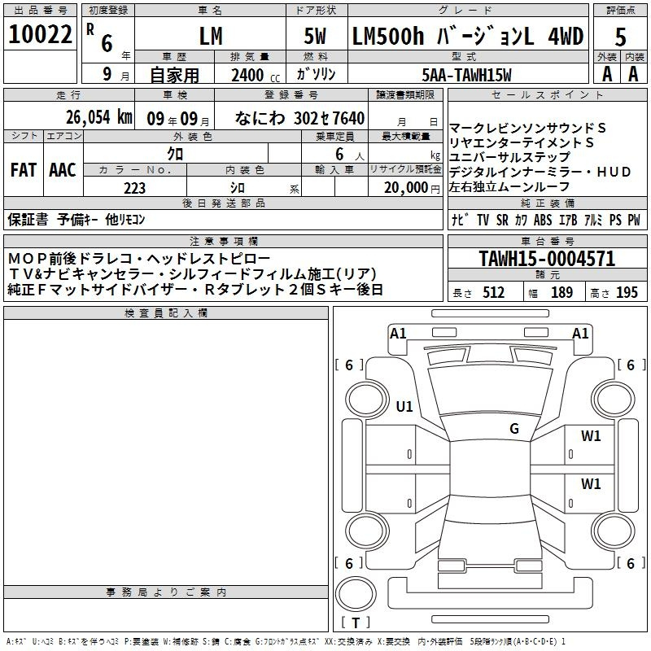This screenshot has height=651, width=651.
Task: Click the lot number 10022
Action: [x=40, y=34]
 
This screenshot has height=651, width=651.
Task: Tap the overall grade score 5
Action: [x=620, y=37]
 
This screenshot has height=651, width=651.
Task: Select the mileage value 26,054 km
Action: [x=99, y=117]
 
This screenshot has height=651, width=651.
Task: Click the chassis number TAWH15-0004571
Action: [x=547, y=259]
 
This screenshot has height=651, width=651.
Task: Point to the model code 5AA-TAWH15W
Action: [x=466, y=75]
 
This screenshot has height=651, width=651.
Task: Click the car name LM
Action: [x=211, y=36]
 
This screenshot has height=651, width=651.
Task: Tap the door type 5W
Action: [x=315, y=36]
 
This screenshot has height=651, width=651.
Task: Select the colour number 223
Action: [x=134, y=188]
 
